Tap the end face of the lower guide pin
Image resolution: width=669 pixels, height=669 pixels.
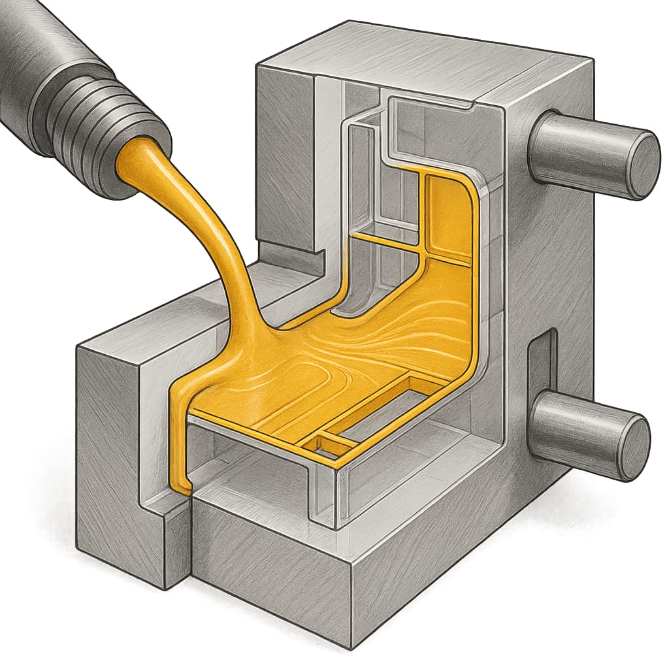click(x=632, y=448)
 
